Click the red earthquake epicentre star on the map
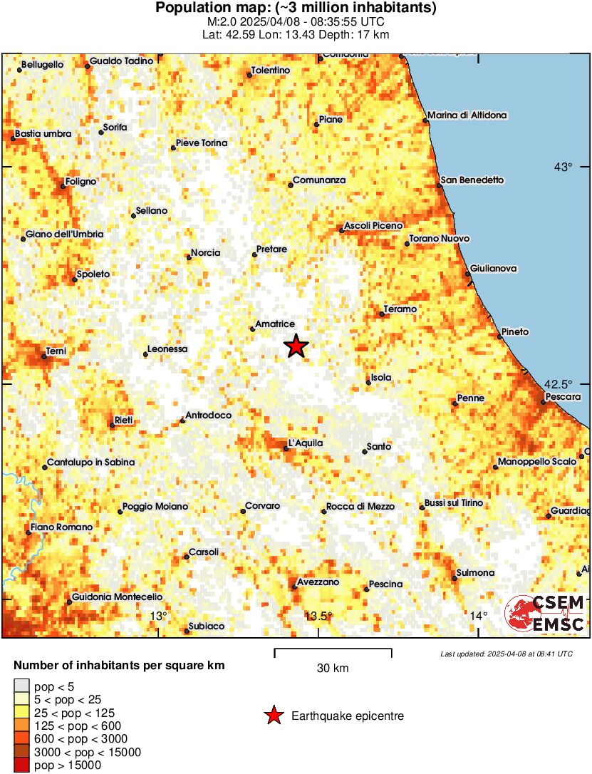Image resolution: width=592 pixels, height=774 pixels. point(296,346)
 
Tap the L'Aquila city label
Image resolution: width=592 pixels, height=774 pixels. point(306,443)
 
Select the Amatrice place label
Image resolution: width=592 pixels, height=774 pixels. point(275,324)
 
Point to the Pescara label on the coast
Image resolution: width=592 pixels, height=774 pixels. point(563,397)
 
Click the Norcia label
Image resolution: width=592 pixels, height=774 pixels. point(205,253)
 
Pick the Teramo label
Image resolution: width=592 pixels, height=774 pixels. point(400,309)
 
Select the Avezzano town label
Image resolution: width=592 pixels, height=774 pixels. point(318,582)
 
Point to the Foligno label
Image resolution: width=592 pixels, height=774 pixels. point(81,182)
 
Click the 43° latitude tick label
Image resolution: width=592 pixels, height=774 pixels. point(563,167)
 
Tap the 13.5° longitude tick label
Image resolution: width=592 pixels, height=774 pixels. point(319,616)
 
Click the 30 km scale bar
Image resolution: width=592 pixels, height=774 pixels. point(333,650)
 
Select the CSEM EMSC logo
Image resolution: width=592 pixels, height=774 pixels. point(545,614)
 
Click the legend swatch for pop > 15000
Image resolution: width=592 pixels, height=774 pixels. point(21,765)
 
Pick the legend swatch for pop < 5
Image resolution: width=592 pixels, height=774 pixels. point(21,687)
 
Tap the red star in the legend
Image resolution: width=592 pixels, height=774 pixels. point(273,716)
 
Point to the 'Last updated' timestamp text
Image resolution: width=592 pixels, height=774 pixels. point(506,654)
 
